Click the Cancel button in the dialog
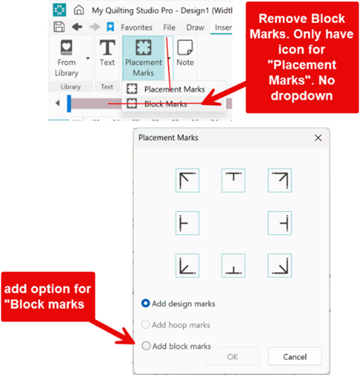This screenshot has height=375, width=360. [x=295, y=356]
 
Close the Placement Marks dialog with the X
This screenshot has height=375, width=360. [x=318, y=138]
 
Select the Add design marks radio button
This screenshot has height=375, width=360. [x=146, y=304]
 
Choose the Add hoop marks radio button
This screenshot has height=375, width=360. [x=146, y=324]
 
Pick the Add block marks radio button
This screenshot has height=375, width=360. [x=146, y=346]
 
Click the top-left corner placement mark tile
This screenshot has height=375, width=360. [x=187, y=180]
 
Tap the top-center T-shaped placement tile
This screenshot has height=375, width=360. [x=234, y=180]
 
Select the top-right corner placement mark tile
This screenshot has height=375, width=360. [x=280, y=180]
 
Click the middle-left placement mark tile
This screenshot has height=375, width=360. [x=187, y=223]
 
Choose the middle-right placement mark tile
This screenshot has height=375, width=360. [x=280, y=223]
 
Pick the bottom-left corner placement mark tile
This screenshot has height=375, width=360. [x=187, y=266]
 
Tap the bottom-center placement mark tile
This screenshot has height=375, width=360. [x=234, y=266]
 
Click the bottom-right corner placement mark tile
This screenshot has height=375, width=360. [x=280, y=266]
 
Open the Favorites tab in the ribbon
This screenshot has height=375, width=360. [x=137, y=28]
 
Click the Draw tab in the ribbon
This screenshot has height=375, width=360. [x=196, y=28]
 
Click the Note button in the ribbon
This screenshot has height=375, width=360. [x=185, y=53]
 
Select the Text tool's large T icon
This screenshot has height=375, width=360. [x=107, y=48]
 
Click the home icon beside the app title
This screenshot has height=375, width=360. [x=79, y=10]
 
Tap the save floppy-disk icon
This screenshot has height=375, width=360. [x=59, y=27]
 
